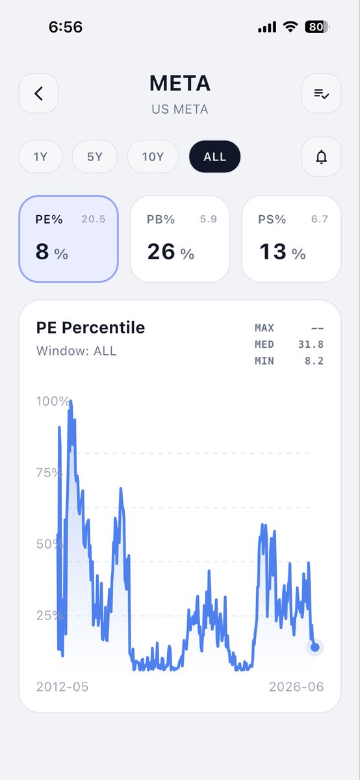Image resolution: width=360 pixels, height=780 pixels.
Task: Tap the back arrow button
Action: point(38,94)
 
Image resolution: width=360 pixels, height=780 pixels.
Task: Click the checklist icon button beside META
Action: point(321,94)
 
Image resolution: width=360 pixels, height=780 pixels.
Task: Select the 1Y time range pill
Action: point(40,157)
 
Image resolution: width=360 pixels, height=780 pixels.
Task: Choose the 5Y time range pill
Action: point(95,157)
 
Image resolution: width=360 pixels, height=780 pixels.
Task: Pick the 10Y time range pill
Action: point(153,157)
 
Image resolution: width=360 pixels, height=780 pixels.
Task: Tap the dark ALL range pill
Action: point(215,157)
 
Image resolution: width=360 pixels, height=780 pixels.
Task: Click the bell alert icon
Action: point(321,157)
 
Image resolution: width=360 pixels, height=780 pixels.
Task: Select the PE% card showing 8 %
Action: point(69,239)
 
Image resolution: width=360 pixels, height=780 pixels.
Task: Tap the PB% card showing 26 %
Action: point(180,239)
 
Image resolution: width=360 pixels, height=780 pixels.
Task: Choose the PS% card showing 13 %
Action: point(291,239)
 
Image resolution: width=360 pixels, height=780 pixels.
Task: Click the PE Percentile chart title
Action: point(90,328)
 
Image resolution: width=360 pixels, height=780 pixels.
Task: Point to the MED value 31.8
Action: point(311,344)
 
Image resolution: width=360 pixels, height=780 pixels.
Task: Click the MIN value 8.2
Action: point(314,361)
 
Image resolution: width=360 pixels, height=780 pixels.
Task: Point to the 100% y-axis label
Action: point(53,401)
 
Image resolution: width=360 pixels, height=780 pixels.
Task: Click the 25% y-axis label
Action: point(50,616)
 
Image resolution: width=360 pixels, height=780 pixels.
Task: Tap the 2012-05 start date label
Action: point(62,686)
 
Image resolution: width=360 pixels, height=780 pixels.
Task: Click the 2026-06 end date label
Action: point(296,686)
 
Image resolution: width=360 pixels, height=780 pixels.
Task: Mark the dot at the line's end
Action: point(315,647)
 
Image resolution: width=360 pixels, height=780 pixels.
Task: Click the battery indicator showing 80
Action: point(316,27)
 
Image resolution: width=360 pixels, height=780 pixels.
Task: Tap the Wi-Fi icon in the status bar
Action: point(290,27)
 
